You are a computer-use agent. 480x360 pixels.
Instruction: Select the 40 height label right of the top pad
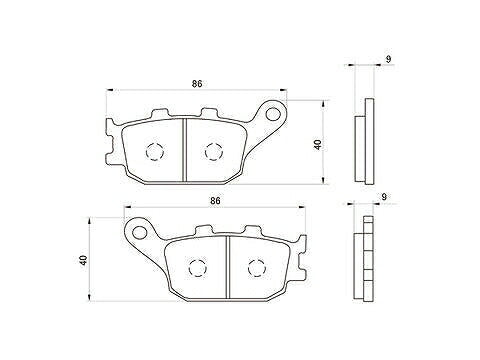pyautogui.click(x=317, y=144)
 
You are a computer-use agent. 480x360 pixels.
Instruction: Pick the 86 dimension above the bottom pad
pyautogui.click(x=215, y=201)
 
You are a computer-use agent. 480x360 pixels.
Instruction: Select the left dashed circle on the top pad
pyautogui.click(x=155, y=152)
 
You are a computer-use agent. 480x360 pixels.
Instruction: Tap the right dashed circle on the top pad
pyautogui.click(x=212, y=152)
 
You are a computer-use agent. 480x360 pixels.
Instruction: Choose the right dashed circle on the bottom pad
pyautogui.click(x=255, y=267)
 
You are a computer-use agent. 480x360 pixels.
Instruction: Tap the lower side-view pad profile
pyautogui.click(x=367, y=258)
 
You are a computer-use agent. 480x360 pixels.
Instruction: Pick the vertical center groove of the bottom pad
pyautogui.click(x=227, y=266)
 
